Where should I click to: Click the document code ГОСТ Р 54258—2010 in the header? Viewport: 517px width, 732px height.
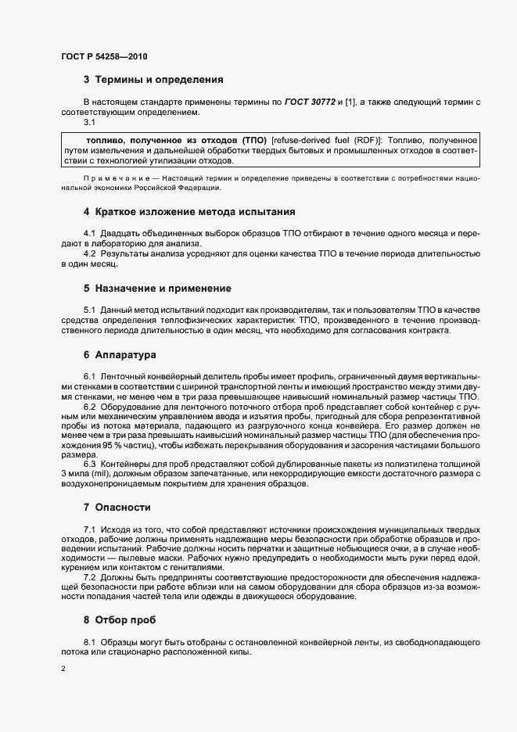pos(103,57)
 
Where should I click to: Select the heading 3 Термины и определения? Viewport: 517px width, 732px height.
pos(153,80)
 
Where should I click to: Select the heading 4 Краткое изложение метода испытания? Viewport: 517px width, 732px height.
pos(188,212)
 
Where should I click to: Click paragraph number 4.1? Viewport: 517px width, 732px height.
pos(89,235)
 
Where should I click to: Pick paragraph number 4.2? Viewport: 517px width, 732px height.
pos(89,255)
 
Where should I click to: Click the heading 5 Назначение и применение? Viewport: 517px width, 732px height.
pos(157,289)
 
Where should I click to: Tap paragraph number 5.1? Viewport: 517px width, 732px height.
pos(89,311)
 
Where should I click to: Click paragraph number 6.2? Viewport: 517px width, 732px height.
pos(89,407)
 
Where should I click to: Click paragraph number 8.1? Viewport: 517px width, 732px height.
pos(89,643)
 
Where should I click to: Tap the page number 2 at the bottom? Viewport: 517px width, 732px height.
pos(63,670)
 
